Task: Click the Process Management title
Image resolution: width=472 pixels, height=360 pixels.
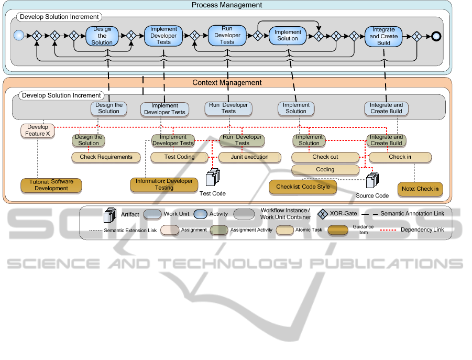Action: pyautogui.click(x=227, y=5)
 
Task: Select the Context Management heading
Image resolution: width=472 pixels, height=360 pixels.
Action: pyautogui.click(x=227, y=83)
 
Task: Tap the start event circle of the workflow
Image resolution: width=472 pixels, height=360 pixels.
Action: pyautogui.click(x=19, y=36)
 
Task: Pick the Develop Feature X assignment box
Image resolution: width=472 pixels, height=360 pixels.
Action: pyautogui.click(x=37, y=130)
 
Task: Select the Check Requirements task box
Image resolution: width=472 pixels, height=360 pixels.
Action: pyautogui.click(x=106, y=157)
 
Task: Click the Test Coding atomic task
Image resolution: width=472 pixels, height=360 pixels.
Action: pyautogui.click(x=179, y=157)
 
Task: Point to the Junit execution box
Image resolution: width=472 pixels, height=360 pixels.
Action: pyautogui.click(x=250, y=157)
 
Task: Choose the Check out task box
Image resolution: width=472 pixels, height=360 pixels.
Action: pyautogui.click(x=325, y=157)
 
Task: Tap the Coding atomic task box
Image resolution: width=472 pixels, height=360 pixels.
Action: pyautogui.click(x=325, y=169)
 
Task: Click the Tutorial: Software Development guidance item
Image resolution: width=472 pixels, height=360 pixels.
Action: pyautogui.click(x=51, y=185)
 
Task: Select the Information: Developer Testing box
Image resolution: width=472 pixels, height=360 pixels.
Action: pyautogui.click(x=164, y=184)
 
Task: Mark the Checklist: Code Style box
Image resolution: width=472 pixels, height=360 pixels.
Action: pyautogui.click(x=303, y=187)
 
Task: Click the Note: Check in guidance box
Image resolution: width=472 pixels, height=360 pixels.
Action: pyautogui.click(x=420, y=189)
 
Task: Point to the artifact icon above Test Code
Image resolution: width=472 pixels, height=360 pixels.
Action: pyautogui.click(x=213, y=177)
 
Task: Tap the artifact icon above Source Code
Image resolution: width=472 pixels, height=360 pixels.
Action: pyautogui.click(x=371, y=180)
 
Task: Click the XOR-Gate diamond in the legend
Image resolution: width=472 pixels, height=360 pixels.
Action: pyautogui.click(x=323, y=213)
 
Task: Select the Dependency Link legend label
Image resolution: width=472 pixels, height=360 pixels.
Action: pyautogui.click(x=422, y=230)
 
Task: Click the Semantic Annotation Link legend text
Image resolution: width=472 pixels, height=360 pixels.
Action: pyautogui.click(x=412, y=213)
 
